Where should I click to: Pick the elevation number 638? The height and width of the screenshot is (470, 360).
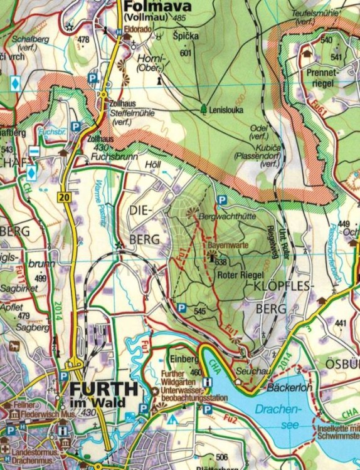point(220,262)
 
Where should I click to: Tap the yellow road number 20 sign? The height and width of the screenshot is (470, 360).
point(63,197)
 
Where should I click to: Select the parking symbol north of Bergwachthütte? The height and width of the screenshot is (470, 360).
point(221,199)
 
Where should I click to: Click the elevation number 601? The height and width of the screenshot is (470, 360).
point(184,53)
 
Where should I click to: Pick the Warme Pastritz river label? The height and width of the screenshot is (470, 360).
point(101,201)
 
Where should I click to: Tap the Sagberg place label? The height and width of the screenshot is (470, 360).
point(32,327)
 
